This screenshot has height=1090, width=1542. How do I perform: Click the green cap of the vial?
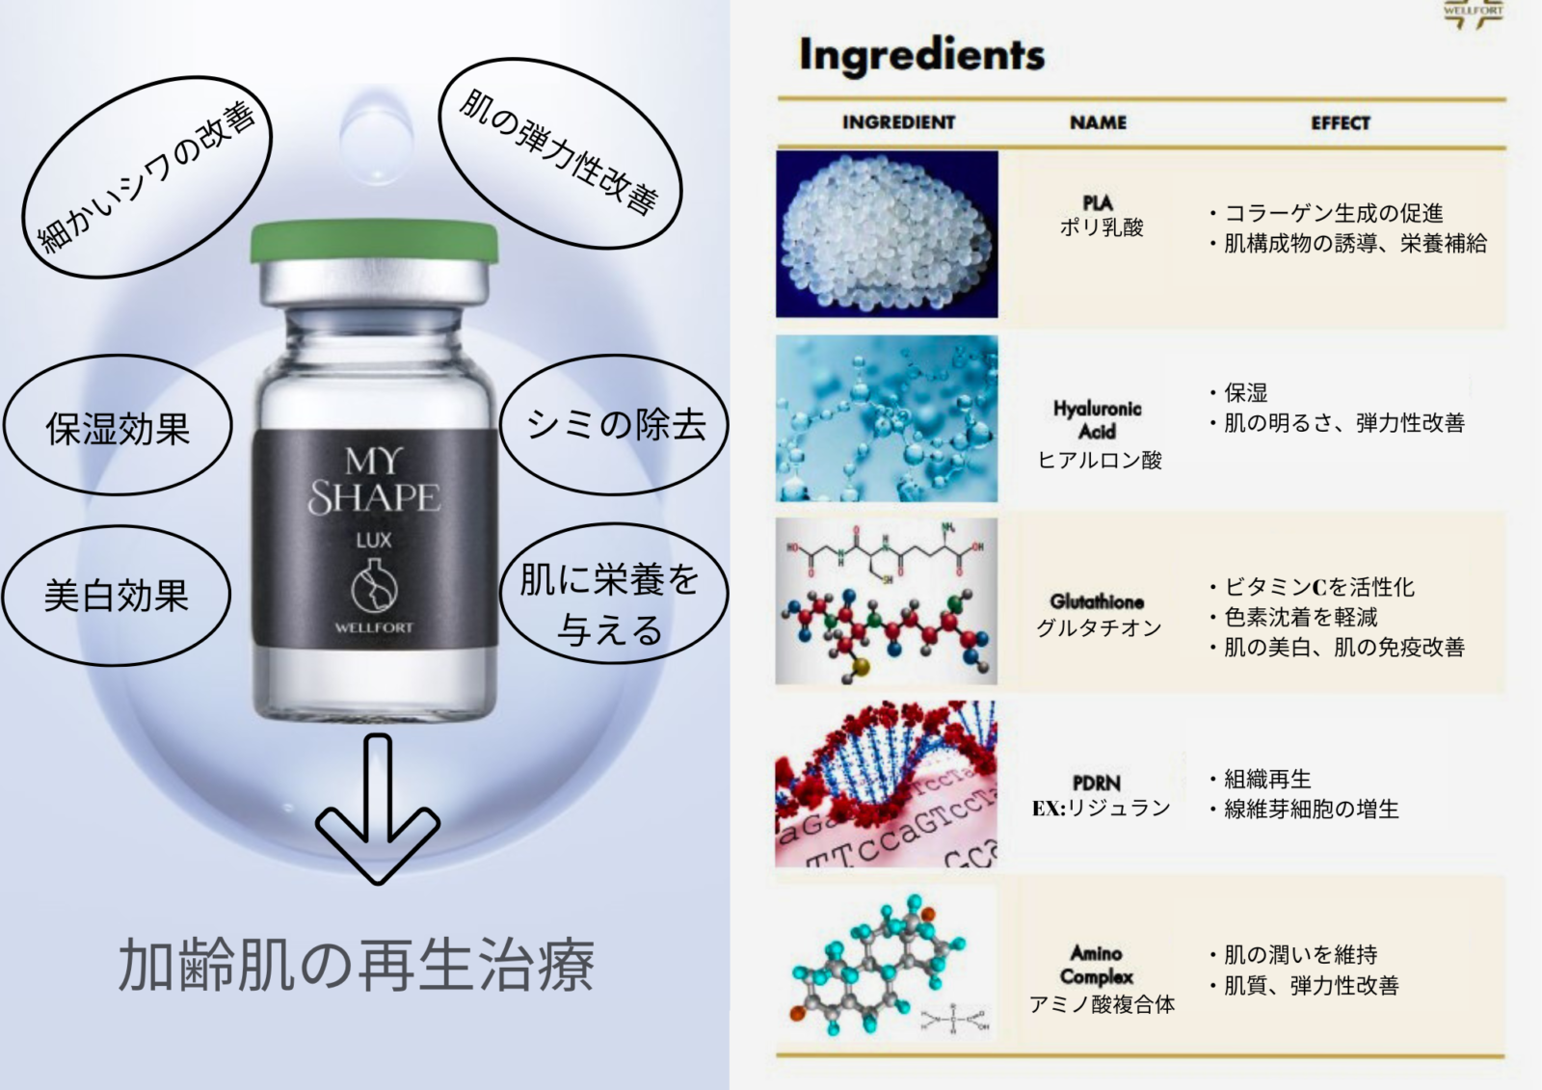(x=374, y=242)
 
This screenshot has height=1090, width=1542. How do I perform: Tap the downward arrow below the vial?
(x=378, y=809)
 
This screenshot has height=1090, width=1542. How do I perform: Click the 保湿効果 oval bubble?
(x=118, y=425)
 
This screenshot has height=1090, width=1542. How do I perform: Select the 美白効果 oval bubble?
(x=117, y=595)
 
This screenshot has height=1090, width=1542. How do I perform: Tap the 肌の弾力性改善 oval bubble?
(x=560, y=153)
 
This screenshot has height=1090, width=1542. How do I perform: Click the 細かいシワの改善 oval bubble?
(x=147, y=177)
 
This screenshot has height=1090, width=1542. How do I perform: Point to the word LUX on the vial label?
(x=374, y=541)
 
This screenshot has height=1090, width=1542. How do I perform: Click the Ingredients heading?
(x=921, y=55)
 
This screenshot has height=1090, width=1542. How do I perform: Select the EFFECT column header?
(x=1341, y=123)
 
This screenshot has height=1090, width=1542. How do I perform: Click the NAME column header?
(x=1098, y=122)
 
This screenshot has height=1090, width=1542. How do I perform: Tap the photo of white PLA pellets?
(x=887, y=234)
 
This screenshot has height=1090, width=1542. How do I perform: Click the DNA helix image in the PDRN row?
(x=886, y=784)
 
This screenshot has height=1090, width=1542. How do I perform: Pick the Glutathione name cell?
(x=1098, y=615)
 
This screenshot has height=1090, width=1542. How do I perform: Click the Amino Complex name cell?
(x=1102, y=978)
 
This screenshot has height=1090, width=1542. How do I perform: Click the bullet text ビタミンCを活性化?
(x=1319, y=587)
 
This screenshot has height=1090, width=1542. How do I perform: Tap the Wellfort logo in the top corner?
(x=1474, y=14)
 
